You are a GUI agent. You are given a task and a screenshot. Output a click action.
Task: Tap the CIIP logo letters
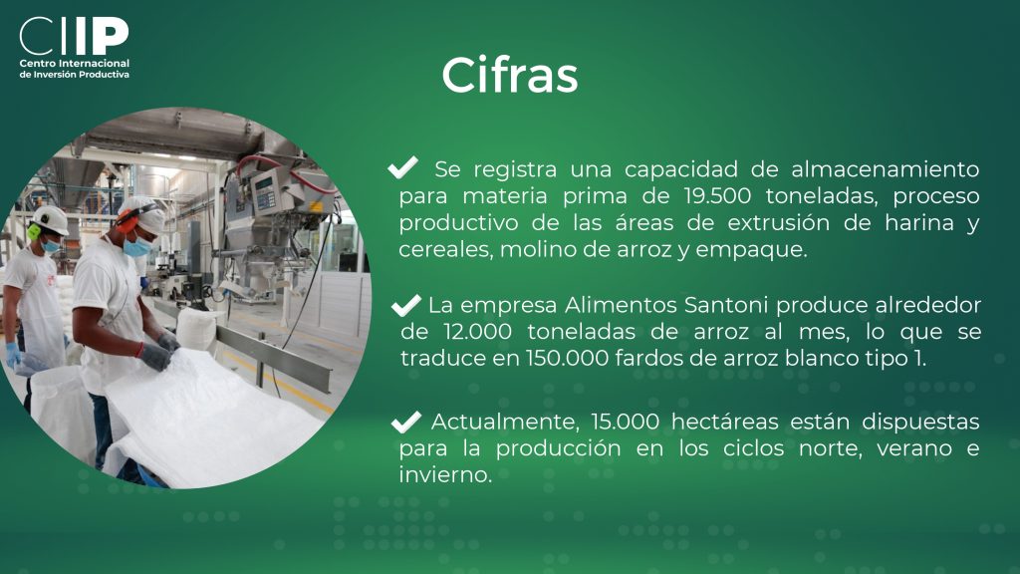(x=74, y=36)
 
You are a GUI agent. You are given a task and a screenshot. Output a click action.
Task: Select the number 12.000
(x=477, y=331)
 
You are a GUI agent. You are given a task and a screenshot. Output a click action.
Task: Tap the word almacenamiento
(x=886, y=169)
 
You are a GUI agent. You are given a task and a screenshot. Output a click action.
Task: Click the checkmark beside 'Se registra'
(x=402, y=167)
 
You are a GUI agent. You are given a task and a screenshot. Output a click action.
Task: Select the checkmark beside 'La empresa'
(x=406, y=304)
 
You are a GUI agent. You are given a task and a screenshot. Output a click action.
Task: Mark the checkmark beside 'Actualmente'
(x=406, y=422)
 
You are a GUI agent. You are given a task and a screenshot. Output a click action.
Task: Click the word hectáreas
(x=725, y=422)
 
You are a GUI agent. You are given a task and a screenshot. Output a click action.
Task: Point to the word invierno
(x=445, y=474)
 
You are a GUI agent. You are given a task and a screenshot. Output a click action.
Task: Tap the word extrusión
(x=778, y=222)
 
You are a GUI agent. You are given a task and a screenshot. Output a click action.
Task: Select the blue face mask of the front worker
(x=137, y=247)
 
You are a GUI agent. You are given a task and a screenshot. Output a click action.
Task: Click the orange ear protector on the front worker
(x=127, y=222)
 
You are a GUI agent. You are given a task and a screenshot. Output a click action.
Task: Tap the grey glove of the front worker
(x=155, y=357)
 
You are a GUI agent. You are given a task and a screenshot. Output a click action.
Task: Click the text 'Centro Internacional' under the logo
(x=74, y=63)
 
